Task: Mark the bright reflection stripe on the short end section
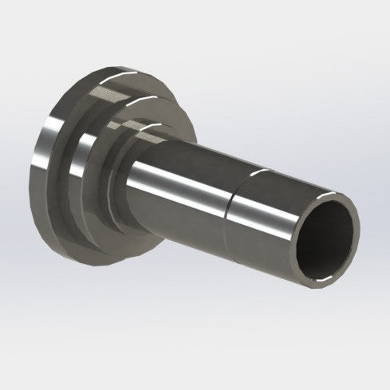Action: [x=263, y=191]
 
